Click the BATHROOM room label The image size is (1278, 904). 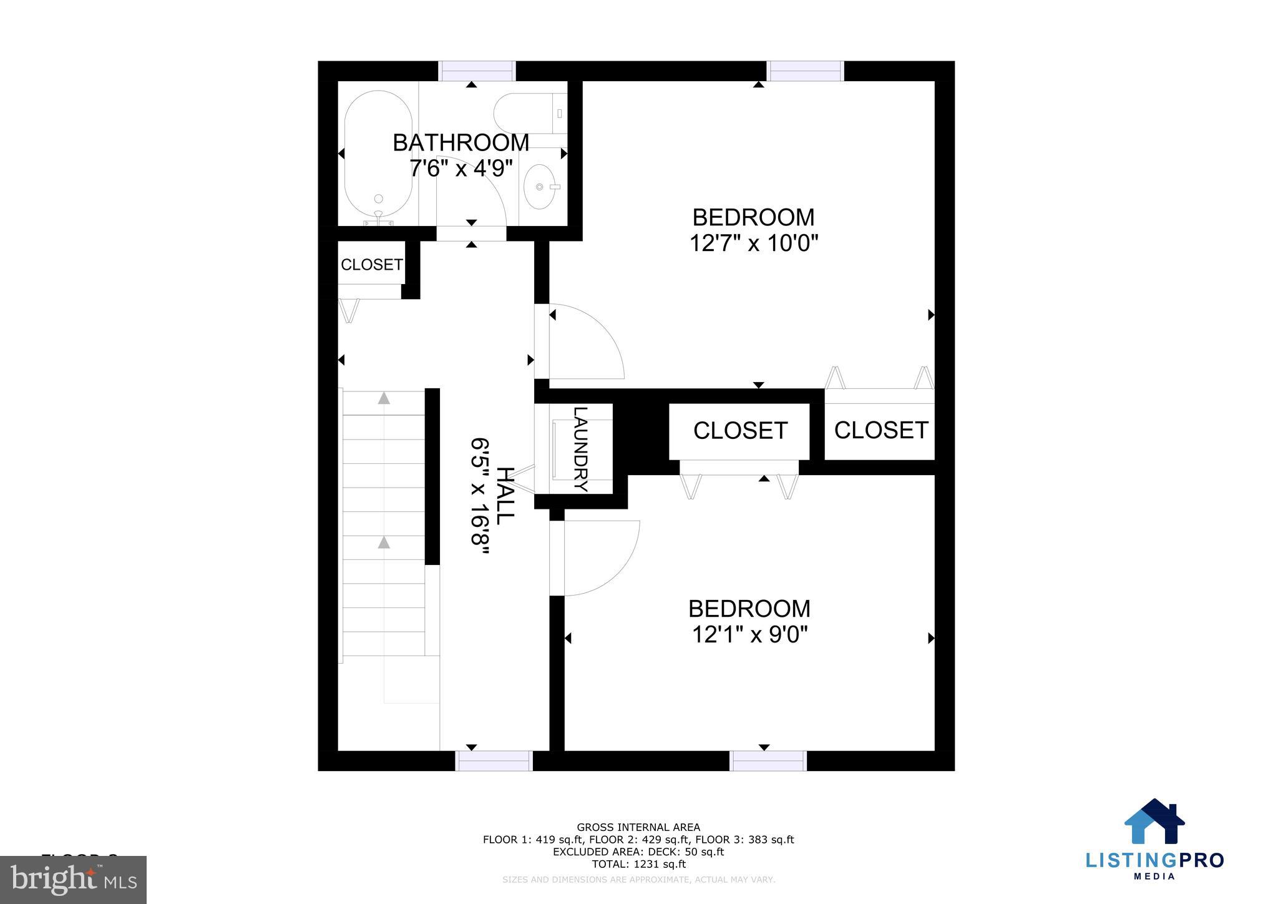click(x=461, y=143)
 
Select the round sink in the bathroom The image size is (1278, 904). click(x=539, y=186)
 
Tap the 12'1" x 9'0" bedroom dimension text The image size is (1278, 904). click(x=749, y=635)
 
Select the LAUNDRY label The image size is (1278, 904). click(x=581, y=450)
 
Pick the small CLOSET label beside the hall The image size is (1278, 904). click(x=371, y=265)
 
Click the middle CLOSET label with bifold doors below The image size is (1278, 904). click(x=740, y=431)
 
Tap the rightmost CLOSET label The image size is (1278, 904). click(x=880, y=430)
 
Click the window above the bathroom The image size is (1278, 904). click(x=477, y=71)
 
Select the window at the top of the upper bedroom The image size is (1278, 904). click(x=805, y=71)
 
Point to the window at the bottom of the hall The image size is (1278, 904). click(x=494, y=760)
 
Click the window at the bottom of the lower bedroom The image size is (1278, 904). click(x=768, y=760)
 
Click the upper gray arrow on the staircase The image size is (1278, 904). click(x=384, y=398)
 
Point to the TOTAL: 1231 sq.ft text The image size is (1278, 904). click(x=638, y=864)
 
